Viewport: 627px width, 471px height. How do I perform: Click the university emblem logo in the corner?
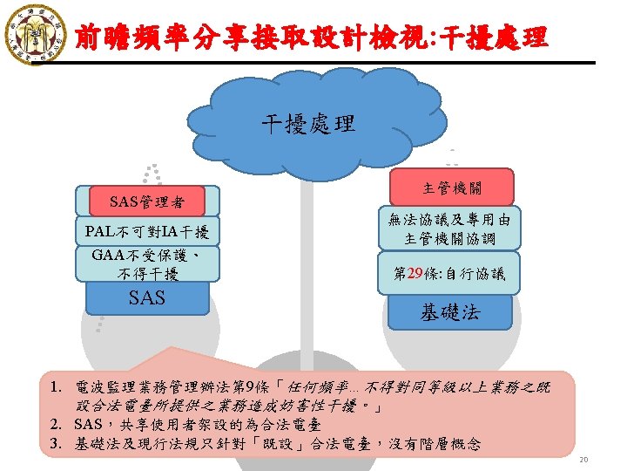(x=34, y=33)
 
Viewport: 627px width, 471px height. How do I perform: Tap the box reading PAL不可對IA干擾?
(x=147, y=232)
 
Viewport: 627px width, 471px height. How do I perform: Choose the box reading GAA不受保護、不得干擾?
(x=147, y=264)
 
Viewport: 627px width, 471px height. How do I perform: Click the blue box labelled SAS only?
(x=147, y=298)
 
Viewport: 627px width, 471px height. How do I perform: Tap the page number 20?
(x=610, y=460)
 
